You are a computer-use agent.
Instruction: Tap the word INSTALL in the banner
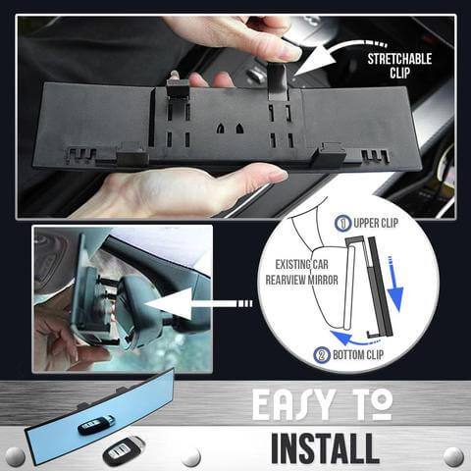point(325,447)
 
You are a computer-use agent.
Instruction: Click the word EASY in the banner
point(293,405)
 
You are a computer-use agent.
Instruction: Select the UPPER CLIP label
point(376,224)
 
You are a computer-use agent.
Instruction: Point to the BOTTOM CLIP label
point(358,355)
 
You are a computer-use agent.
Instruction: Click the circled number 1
point(343,223)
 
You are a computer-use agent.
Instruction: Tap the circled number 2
point(322,355)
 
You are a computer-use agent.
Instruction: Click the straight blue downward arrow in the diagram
point(395,285)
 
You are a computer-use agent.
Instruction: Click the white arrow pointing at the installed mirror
point(198,304)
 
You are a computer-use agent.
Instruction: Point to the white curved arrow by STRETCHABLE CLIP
point(337,57)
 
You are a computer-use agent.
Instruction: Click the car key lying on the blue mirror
point(96,425)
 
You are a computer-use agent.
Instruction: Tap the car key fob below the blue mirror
point(124,450)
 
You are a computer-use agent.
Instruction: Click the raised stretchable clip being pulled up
point(278,80)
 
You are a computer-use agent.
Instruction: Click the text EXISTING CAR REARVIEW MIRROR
point(301,272)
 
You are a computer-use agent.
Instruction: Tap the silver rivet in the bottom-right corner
point(453,456)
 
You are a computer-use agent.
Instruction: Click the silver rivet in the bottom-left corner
point(15,456)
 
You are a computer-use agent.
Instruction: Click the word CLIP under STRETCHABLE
point(399,73)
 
